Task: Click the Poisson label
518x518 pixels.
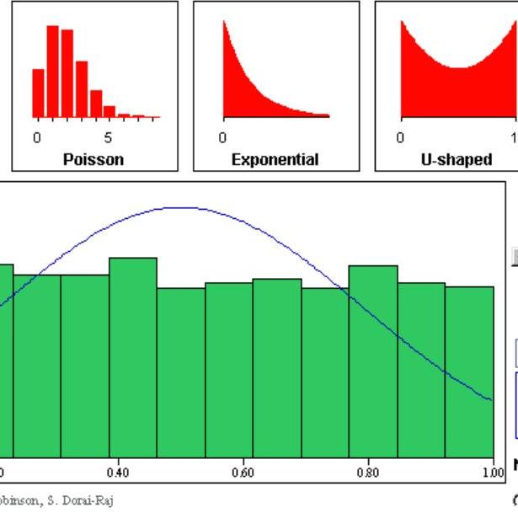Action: (93, 159)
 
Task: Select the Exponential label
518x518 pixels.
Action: (275, 159)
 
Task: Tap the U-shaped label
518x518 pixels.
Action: (456, 159)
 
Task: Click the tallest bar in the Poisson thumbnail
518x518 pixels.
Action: (52, 72)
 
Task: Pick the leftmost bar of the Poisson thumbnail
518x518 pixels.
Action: (38, 93)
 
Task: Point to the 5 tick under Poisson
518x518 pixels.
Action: (108, 138)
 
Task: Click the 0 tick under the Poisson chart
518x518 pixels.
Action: (37, 138)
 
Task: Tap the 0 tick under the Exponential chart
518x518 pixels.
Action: (222, 138)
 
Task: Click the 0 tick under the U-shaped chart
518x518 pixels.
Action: (401, 138)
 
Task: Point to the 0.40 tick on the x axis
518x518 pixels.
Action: (119, 473)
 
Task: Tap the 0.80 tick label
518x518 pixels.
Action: (367, 473)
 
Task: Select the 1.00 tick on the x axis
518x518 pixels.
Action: (492, 473)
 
